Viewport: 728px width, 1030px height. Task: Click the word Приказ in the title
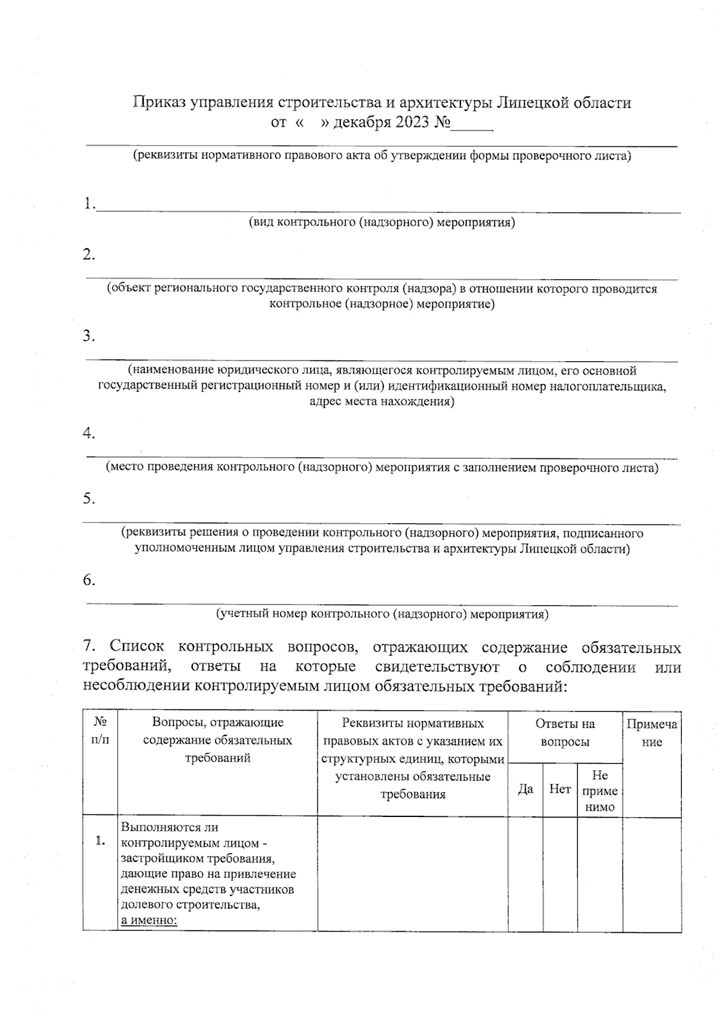(160, 103)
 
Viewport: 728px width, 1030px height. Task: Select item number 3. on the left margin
(89, 336)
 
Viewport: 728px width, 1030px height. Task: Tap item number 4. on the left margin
(89, 433)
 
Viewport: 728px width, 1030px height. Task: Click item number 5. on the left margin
(89, 498)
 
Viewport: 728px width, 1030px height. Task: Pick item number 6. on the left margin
(89, 580)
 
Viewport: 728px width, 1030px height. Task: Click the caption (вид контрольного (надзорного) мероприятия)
(382, 222)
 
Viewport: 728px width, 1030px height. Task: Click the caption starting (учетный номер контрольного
(382, 614)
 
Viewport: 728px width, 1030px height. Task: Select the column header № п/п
(100, 731)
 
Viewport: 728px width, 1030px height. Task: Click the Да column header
(525, 790)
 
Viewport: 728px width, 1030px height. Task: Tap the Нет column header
(559, 789)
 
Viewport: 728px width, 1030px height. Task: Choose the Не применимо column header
(599, 791)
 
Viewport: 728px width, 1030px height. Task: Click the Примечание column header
(652, 733)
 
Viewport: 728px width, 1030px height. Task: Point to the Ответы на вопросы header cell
(565, 733)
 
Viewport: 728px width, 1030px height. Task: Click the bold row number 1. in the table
(100, 841)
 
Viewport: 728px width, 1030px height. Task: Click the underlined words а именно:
(149, 921)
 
